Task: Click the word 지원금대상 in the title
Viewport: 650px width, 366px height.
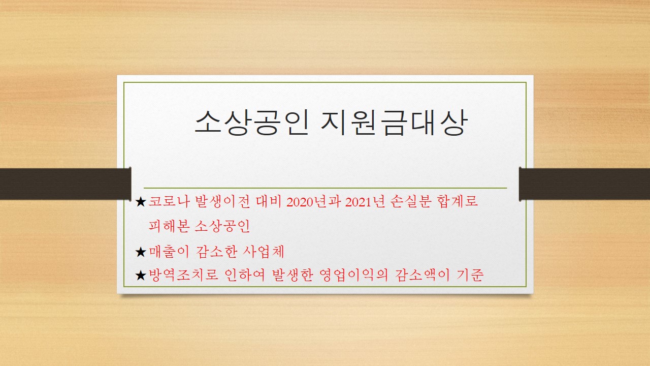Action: pyautogui.click(x=394, y=123)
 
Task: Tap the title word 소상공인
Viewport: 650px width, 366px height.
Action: pyautogui.click(x=251, y=123)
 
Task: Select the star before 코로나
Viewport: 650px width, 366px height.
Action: pyautogui.click(x=141, y=202)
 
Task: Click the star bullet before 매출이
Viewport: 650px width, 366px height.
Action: pyautogui.click(x=141, y=252)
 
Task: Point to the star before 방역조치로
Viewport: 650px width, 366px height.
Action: pyautogui.click(x=141, y=276)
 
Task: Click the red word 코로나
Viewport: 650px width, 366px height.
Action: pyautogui.click(x=169, y=201)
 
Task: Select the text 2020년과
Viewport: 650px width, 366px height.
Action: pyautogui.click(x=313, y=201)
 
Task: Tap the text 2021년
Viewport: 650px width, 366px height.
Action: pyautogui.click(x=365, y=201)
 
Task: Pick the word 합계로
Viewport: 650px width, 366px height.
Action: pyautogui.click(x=458, y=201)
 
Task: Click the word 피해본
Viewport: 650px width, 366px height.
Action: pyautogui.click(x=169, y=226)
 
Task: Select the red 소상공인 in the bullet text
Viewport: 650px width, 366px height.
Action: pyautogui.click(x=222, y=226)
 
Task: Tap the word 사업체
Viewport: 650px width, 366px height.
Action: pyautogui.click(x=263, y=252)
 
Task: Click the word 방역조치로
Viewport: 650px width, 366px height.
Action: pyautogui.click(x=183, y=275)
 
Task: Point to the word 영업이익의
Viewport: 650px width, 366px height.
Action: pyautogui.click(x=353, y=275)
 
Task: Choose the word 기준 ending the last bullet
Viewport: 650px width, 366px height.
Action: pyautogui.click(x=470, y=275)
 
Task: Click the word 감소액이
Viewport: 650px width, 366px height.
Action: pyautogui.click(x=422, y=275)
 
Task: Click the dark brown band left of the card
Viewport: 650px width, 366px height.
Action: pyautogui.click(x=66, y=184)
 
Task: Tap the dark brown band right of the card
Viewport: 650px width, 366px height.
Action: pyautogui.click(x=584, y=184)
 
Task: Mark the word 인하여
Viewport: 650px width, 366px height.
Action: pyautogui.click(x=245, y=275)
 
